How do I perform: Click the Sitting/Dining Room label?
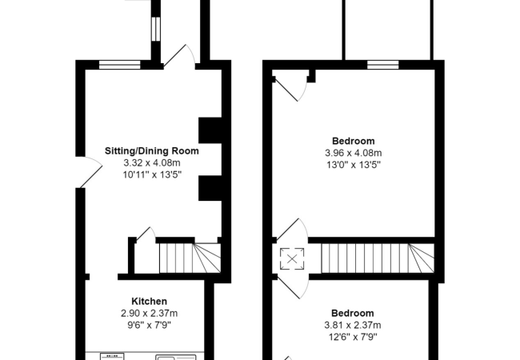(x=152, y=150)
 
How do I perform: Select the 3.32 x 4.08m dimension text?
(x=152, y=162)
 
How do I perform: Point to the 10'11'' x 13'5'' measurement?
(x=152, y=174)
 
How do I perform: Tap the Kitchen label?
(x=150, y=302)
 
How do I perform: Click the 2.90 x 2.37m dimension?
(x=150, y=314)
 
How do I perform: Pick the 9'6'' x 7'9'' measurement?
(x=150, y=326)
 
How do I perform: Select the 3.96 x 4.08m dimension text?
(x=352, y=153)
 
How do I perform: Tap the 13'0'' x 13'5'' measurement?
(x=352, y=165)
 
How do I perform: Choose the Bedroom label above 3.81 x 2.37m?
(x=352, y=313)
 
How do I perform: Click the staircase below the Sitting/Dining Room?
(x=189, y=257)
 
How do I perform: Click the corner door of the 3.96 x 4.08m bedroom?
(x=290, y=86)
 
